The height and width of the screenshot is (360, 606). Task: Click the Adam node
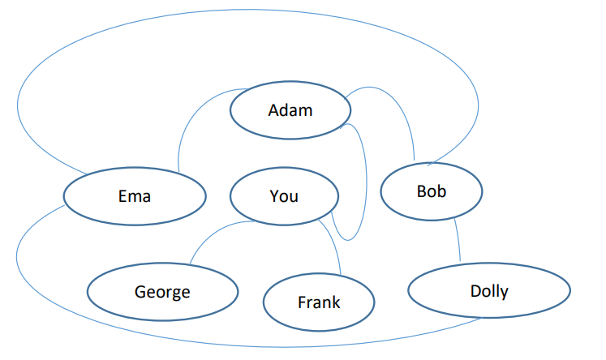290,110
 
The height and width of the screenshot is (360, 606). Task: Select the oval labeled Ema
134,196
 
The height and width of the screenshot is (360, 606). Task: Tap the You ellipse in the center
284,196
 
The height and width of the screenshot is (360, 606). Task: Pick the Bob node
432,191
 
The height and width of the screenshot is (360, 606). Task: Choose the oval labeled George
162,291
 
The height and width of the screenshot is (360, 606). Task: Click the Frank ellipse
319,302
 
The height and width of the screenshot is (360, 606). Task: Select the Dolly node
488,290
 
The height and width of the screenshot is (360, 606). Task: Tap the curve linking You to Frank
334,243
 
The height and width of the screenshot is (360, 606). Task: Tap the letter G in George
140,291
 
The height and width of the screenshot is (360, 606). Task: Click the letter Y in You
274,196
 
